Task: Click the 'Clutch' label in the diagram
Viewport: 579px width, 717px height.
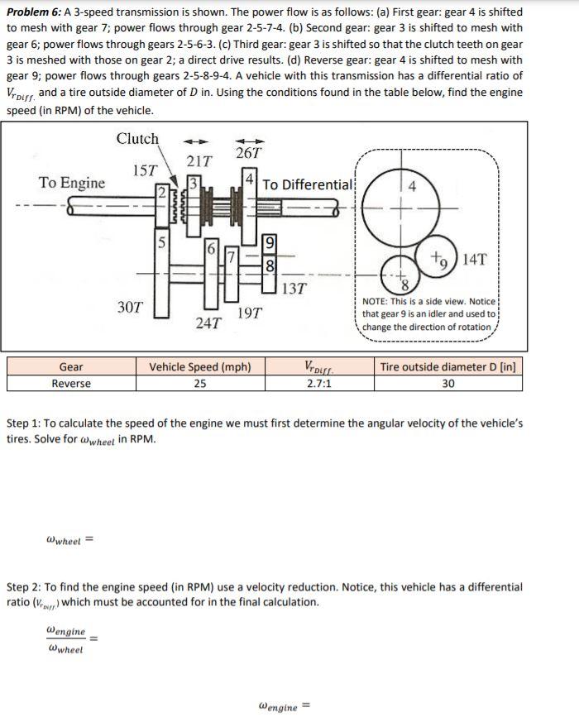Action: click(x=137, y=139)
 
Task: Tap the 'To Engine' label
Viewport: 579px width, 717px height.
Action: click(x=72, y=183)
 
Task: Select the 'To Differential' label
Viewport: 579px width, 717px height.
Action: click(x=308, y=184)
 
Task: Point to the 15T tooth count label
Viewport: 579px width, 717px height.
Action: click(x=146, y=170)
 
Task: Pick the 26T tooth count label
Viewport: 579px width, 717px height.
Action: click(x=248, y=153)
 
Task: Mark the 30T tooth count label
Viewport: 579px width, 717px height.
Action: click(x=130, y=307)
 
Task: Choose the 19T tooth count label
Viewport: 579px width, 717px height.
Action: click(x=250, y=313)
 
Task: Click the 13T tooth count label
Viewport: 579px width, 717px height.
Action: click(x=294, y=289)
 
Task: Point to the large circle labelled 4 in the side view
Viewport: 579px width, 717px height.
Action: click(x=400, y=207)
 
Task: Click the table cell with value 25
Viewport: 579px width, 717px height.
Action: click(x=200, y=384)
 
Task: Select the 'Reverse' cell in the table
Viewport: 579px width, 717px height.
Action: click(x=71, y=384)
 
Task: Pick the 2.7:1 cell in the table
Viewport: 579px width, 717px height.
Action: click(x=318, y=384)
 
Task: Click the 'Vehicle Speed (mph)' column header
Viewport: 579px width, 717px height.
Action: click(x=200, y=367)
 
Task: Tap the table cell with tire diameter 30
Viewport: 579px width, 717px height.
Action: click(x=449, y=384)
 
